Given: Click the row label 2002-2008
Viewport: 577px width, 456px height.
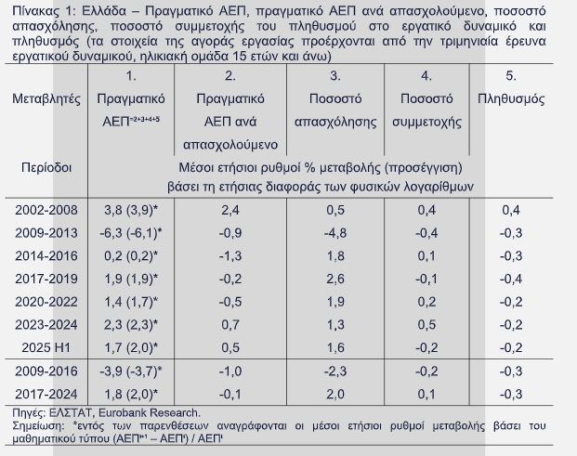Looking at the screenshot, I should click(x=46, y=211).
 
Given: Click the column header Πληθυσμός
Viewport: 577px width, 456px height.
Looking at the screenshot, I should click(x=510, y=98).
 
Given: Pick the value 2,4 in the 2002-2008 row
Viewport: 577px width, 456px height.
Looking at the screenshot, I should click(x=230, y=211).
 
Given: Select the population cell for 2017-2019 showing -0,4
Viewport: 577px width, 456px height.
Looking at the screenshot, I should click(x=510, y=279).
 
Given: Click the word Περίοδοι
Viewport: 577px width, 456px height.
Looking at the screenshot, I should click(x=46, y=168).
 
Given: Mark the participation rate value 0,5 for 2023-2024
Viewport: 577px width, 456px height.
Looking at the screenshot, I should click(x=426, y=324).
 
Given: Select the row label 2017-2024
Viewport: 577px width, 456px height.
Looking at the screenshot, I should click(x=46, y=394).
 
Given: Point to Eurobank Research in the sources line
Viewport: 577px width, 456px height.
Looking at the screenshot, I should click(x=153, y=412).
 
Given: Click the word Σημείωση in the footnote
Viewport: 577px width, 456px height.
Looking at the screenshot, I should click(x=33, y=424).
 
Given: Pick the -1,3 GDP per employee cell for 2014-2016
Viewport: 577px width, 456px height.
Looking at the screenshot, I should click(x=230, y=256).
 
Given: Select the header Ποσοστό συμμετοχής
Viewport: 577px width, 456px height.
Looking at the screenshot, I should click(x=426, y=110).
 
